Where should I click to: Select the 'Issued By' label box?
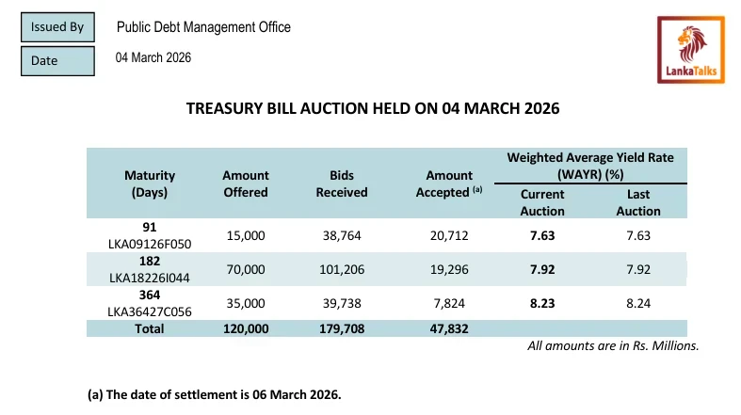coord(56,27)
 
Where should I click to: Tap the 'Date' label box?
coord(56,61)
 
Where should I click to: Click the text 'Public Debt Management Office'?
coord(203,27)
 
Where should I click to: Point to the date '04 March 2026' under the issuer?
coord(153,58)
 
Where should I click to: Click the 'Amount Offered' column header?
coord(246,184)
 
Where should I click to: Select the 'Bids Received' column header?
coord(341,184)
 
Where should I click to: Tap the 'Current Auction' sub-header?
coord(542,203)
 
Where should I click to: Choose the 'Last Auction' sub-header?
coord(638,203)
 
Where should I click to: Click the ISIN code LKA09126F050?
coord(150,244)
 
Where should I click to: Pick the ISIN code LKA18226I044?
coord(150,278)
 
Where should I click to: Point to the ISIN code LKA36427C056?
coord(150,311)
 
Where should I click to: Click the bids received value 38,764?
coord(342,235)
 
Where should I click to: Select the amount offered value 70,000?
coord(246,269)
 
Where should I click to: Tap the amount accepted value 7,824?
coord(449,303)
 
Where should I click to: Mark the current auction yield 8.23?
coord(542,303)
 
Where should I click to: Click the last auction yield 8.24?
coord(638,303)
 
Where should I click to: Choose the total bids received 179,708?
coord(342,328)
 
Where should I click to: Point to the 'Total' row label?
coord(150,328)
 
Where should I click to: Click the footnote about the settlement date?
coord(214,394)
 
